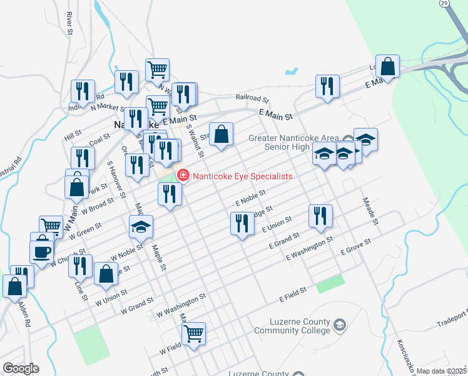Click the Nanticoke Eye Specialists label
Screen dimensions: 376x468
pyautogui.click(x=243, y=176)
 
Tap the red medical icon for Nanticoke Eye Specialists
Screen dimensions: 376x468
pyautogui.click(x=183, y=175)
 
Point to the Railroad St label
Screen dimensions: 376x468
pyautogui.click(x=252, y=98)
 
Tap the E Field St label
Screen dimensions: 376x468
pyautogui.click(x=292, y=291)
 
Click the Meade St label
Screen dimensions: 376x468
pyautogui.click(x=371, y=211)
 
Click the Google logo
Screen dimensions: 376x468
pyautogui.click(x=21, y=368)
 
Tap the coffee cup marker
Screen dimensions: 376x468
pyautogui.click(x=42, y=251)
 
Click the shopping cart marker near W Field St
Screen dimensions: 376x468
pyautogui.click(x=193, y=333)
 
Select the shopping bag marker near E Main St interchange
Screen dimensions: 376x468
pyautogui.click(x=388, y=66)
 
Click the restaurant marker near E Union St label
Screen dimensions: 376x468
pyautogui.click(x=320, y=216)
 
